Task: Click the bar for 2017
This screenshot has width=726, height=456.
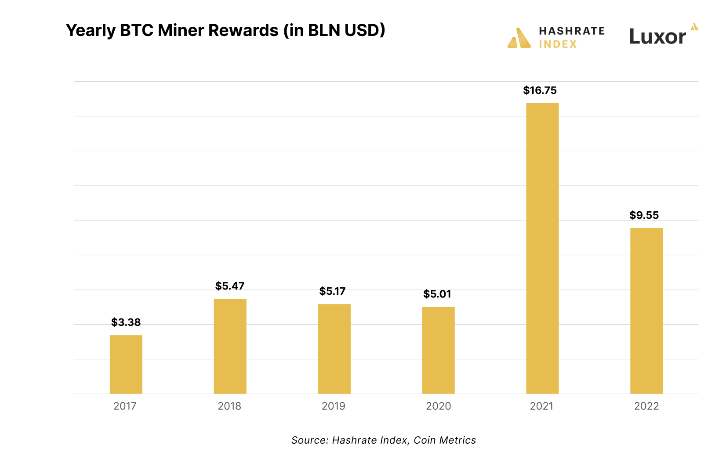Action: coord(126,364)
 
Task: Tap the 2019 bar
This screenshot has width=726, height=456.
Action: coord(334,349)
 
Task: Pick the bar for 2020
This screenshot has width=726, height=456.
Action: coord(438,350)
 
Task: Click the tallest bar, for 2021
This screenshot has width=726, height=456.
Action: coord(542,248)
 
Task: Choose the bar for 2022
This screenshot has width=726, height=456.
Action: coord(646,311)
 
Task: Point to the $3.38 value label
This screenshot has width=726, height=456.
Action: coord(126,322)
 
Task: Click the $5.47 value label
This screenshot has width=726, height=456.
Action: coord(230,286)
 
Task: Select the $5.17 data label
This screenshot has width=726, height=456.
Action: coord(332,291)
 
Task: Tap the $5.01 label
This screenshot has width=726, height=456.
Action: coord(437,294)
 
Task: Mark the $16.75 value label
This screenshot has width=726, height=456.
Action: coord(540,90)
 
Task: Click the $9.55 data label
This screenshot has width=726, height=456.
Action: coord(644,215)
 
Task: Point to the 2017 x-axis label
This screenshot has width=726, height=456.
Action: coord(125,406)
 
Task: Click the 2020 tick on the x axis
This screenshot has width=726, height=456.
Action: coord(438,406)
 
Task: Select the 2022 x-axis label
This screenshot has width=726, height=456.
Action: coord(646,406)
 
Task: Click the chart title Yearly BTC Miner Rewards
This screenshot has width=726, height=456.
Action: coord(225,30)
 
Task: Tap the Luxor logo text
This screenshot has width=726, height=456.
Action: coord(657,36)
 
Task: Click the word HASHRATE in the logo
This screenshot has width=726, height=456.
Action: coord(572,31)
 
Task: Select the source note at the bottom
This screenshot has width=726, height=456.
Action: coord(383,440)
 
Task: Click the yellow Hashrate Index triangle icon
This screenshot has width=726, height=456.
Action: coord(519,39)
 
